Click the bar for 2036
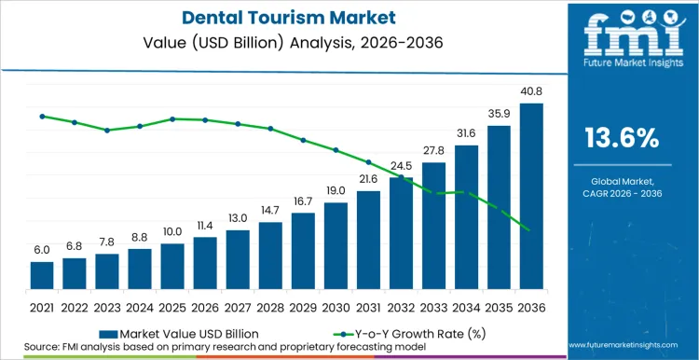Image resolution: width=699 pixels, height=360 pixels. pos(531,196)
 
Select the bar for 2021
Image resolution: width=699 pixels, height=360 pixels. pos(42,275)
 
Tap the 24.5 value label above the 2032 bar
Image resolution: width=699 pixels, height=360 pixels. pos(401,166)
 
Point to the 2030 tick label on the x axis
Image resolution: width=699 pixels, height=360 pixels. pos(336,306)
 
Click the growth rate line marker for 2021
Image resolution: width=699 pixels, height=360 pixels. pos(42,116)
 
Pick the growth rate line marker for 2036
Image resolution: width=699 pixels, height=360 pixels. pos(531,230)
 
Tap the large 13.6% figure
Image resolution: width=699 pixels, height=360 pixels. pos(622,139)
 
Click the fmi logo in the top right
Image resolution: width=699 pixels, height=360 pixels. pos(622,41)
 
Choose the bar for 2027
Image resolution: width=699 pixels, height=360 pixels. pos(238,259)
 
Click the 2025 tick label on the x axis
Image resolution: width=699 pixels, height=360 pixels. pos(172,306)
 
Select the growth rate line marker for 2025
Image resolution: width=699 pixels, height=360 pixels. pos(172,118)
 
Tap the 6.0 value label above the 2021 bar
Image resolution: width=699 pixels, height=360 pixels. pos(42,250)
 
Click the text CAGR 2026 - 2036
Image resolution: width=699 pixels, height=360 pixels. pos(622,193)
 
